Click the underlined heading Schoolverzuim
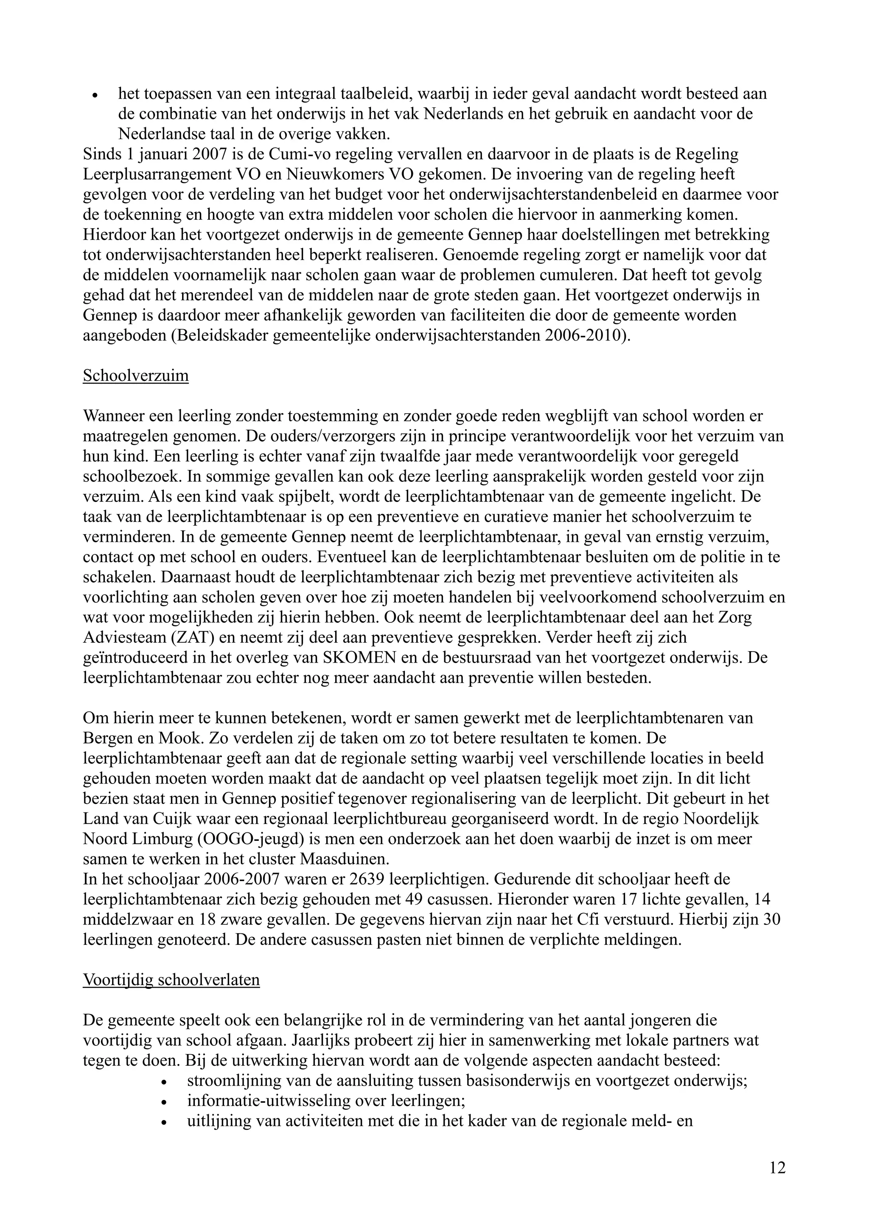click(x=135, y=375)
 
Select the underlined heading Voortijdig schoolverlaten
click(x=171, y=980)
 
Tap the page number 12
click(x=777, y=1167)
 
